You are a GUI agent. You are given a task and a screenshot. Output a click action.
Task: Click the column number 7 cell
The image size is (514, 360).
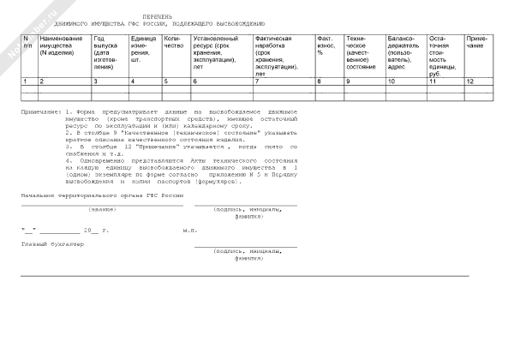point(257,81)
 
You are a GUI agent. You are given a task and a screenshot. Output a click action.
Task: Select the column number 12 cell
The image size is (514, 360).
point(469,81)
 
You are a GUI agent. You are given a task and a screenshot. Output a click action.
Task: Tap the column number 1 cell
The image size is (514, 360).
point(26,81)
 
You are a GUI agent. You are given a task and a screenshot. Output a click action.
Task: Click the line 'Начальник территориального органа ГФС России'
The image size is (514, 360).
point(103,196)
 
